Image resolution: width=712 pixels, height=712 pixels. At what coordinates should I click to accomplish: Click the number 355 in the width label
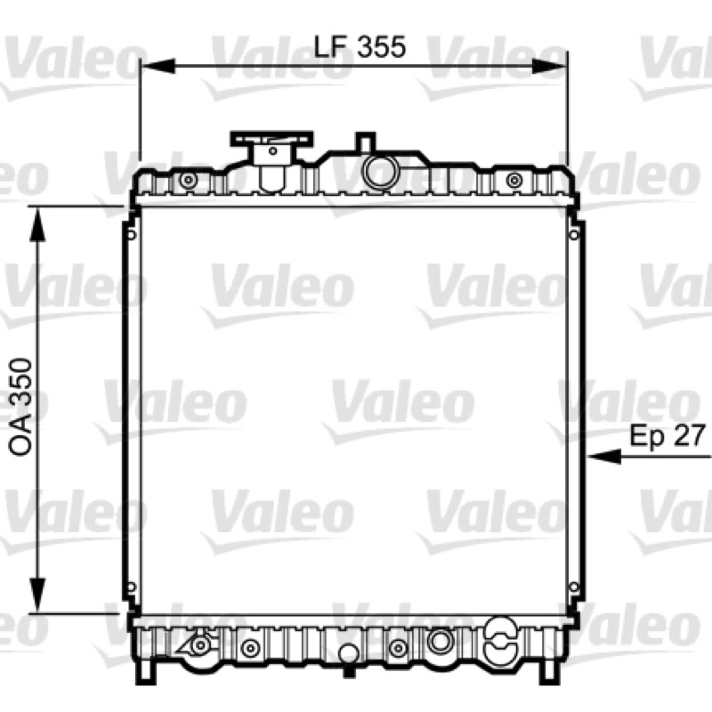pyautogui.click(x=381, y=47)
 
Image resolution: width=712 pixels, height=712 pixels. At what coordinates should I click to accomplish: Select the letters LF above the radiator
pyautogui.click(x=330, y=47)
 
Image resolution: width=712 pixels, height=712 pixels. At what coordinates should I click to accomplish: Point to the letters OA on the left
pyautogui.click(x=21, y=437)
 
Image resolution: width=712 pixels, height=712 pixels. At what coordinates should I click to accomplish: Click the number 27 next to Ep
pyautogui.click(x=689, y=435)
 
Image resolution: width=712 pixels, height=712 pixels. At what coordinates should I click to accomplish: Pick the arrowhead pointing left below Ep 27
pyautogui.click(x=604, y=456)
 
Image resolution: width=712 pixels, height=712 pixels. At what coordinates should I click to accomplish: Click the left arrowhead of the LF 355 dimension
pyautogui.click(x=158, y=66)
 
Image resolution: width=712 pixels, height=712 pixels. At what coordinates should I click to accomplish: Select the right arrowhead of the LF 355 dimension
pyautogui.click(x=550, y=66)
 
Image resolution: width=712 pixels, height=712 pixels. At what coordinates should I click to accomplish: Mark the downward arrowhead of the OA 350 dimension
pyautogui.click(x=37, y=595)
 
